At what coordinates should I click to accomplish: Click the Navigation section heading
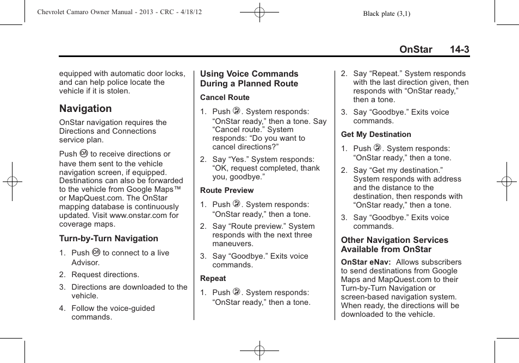85,109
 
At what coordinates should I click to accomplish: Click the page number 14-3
459,49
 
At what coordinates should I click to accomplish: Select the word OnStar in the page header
416,49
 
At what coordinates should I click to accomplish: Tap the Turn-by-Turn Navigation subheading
109,239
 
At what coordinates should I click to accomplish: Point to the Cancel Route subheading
225,98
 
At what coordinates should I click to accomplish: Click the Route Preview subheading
227,191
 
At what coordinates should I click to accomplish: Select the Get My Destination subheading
376,135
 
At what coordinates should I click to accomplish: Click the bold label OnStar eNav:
365,262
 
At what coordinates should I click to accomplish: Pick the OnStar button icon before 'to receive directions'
84,154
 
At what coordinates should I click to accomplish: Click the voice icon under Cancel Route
237,111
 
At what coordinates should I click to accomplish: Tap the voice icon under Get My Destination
378,148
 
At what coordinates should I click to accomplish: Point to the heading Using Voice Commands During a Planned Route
249,79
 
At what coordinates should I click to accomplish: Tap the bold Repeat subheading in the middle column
213,279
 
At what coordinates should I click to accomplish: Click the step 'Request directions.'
105,274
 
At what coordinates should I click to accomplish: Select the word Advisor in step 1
85,262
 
